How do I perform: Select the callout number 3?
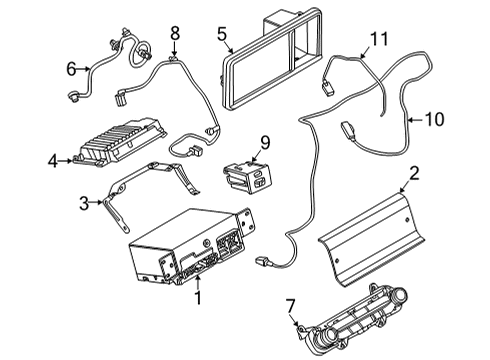pos(84,203)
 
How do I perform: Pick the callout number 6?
pos(71,69)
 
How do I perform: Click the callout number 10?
pos(433,119)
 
